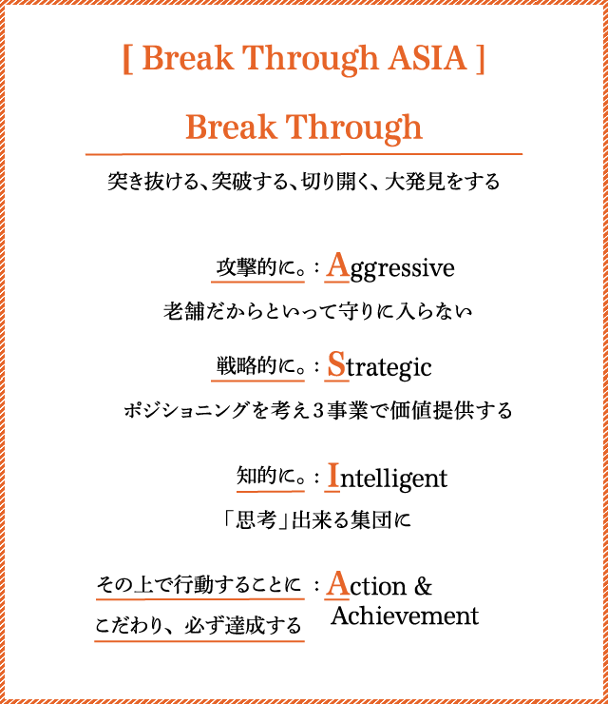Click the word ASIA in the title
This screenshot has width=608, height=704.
click(x=427, y=58)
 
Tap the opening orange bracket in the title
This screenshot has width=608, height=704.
click(x=127, y=59)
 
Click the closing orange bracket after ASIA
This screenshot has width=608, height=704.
click(x=480, y=59)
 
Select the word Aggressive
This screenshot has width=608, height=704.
click(x=390, y=266)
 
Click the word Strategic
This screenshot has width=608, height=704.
click(x=379, y=365)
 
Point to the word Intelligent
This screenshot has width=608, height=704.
click(x=388, y=477)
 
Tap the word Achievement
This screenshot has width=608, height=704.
click(x=405, y=616)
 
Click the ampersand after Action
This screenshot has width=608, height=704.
click(x=423, y=586)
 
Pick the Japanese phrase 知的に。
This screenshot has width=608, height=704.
click(x=271, y=476)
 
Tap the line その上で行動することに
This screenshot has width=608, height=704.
click(x=199, y=584)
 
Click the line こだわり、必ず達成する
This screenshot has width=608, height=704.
click(x=199, y=625)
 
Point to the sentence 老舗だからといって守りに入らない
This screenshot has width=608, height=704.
click(x=317, y=311)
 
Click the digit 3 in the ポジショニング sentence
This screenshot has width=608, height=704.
click(x=318, y=411)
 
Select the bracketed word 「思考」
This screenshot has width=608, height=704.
click(x=256, y=520)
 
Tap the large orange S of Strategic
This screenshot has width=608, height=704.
click(x=336, y=364)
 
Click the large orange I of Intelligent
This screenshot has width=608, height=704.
click(x=333, y=475)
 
